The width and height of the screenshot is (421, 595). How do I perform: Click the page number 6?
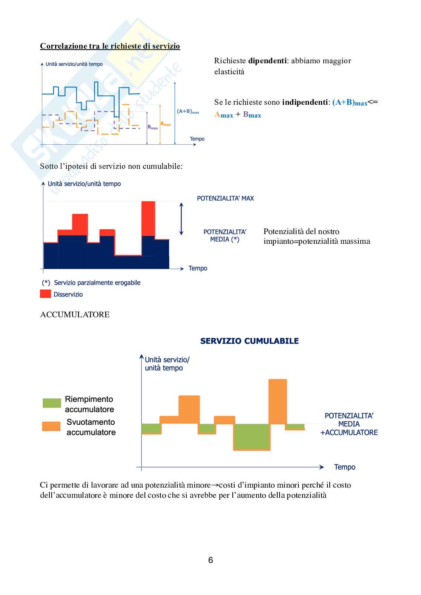pos(210,560)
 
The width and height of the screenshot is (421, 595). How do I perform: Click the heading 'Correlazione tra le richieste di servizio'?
pos(110,46)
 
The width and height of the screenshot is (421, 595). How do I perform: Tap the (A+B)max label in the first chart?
pos(188,112)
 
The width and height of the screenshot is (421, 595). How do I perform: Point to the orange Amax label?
pos(166,124)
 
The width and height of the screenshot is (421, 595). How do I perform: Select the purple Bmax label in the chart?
pos(152,127)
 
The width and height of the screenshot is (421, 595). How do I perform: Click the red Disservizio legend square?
pos(45,294)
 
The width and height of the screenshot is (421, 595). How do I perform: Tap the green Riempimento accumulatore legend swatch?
pos(52,403)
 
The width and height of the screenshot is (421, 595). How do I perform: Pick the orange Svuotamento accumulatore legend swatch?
pos(51,426)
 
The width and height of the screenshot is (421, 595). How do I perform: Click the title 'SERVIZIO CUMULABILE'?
pos(249,341)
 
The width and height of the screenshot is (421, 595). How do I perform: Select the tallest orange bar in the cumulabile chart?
pos(278,401)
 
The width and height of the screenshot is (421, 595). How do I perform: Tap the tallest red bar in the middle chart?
pos(148,218)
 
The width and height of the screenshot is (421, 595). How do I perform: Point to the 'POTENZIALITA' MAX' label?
pos(225,198)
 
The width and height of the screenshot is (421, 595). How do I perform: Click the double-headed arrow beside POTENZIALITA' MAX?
pos(181,219)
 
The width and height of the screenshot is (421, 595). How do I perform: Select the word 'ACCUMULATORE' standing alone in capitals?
pos(75,315)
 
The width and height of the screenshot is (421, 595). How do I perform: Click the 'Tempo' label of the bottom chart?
pos(344,467)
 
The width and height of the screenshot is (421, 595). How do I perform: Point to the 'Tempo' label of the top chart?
pos(197,139)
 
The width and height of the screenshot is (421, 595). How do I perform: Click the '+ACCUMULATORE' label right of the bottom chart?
pos(349,433)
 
